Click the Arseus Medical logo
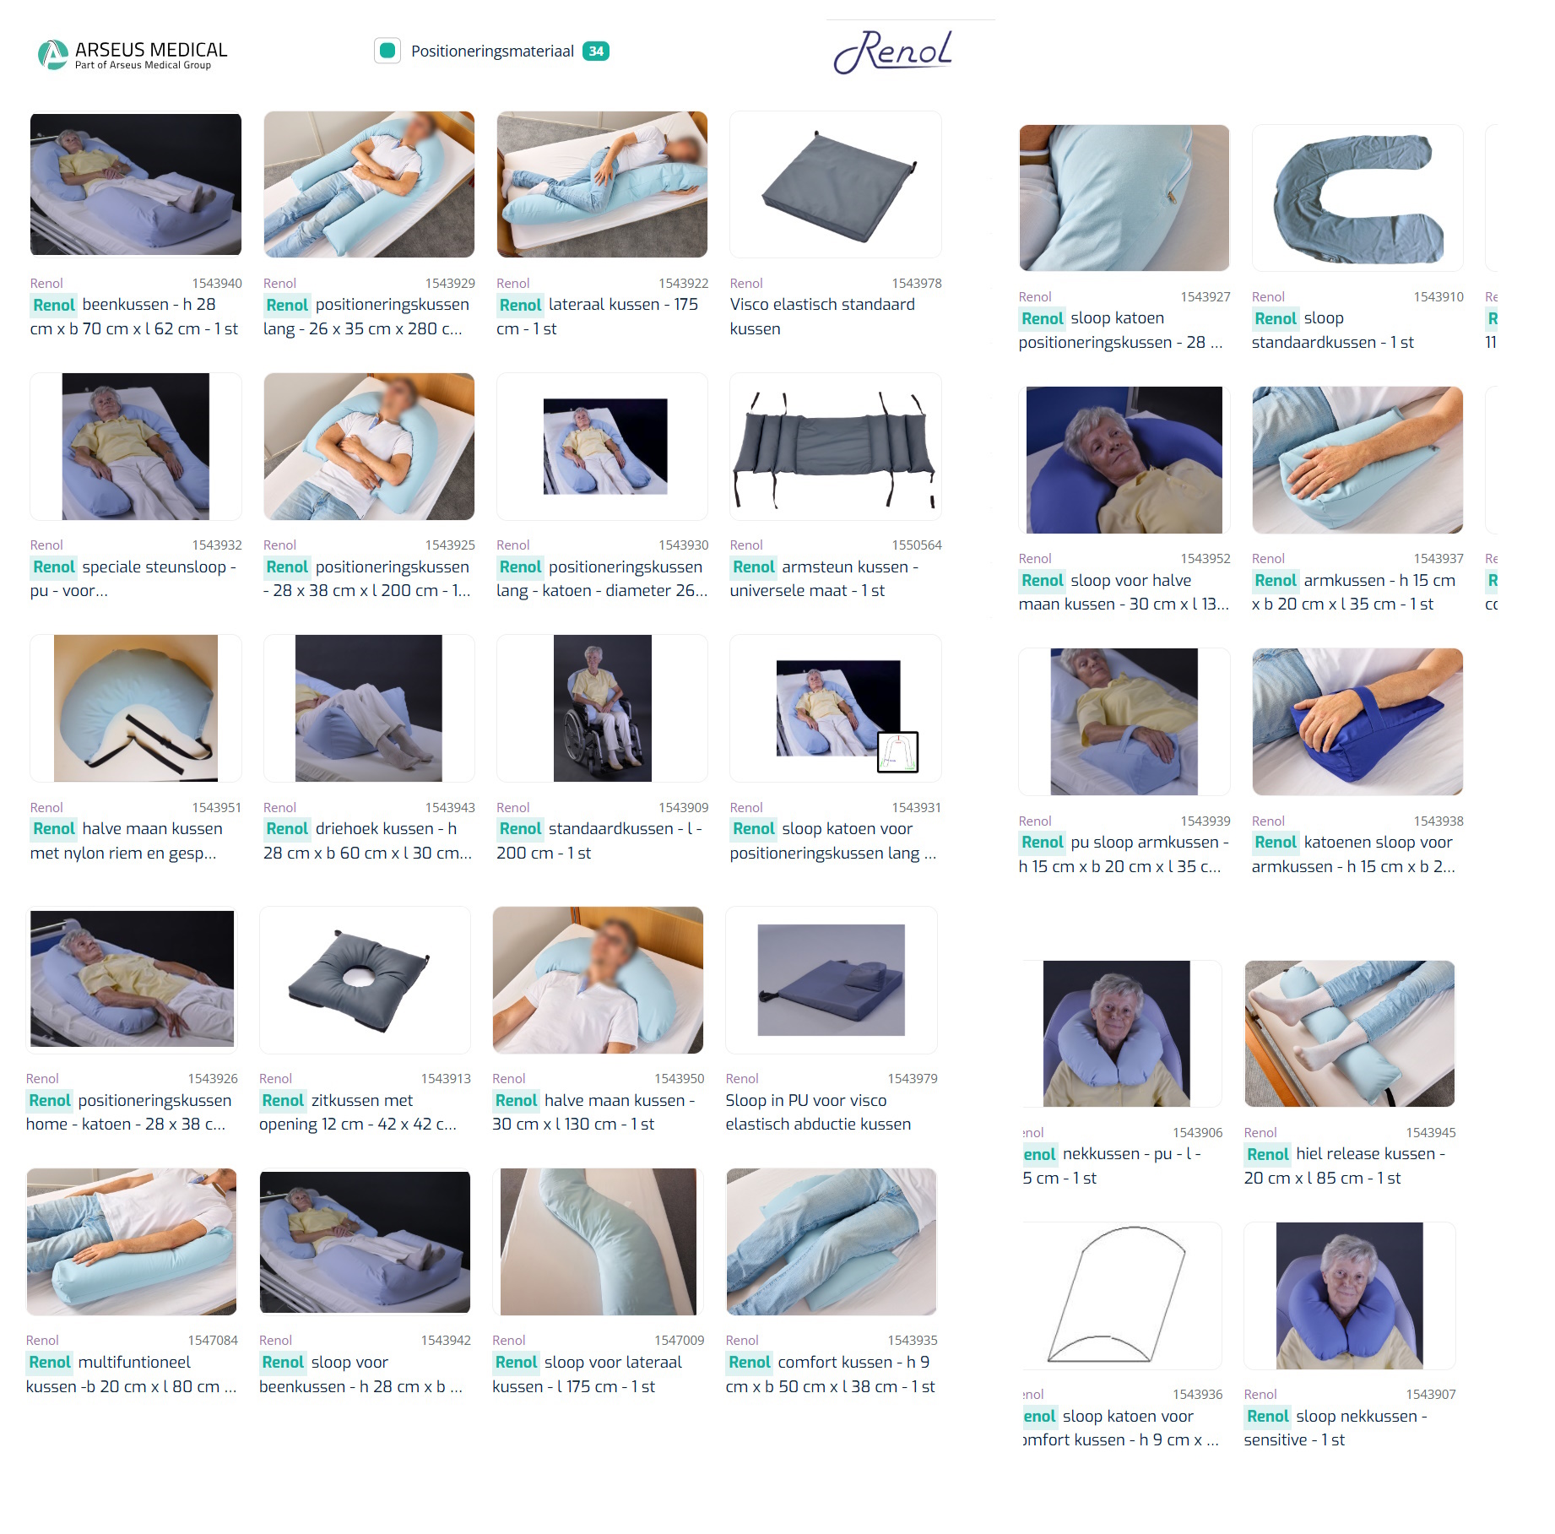(133, 54)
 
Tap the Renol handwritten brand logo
(893, 52)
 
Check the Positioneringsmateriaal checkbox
(387, 51)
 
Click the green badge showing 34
(596, 51)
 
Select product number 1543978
(916, 284)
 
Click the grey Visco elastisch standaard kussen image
(836, 186)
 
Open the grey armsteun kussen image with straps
(836, 447)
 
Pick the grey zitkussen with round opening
(365, 979)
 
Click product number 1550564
(916, 545)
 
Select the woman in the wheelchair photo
(602, 708)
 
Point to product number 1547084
(213, 1341)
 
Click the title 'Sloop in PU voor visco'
(805, 1101)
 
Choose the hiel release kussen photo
(1349, 1033)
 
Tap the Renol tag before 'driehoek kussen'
(287, 829)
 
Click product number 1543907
(1430, 1395)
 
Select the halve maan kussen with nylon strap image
(136, 708)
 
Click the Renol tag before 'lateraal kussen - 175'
(520, 305)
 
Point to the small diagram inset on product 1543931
(897, 752)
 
